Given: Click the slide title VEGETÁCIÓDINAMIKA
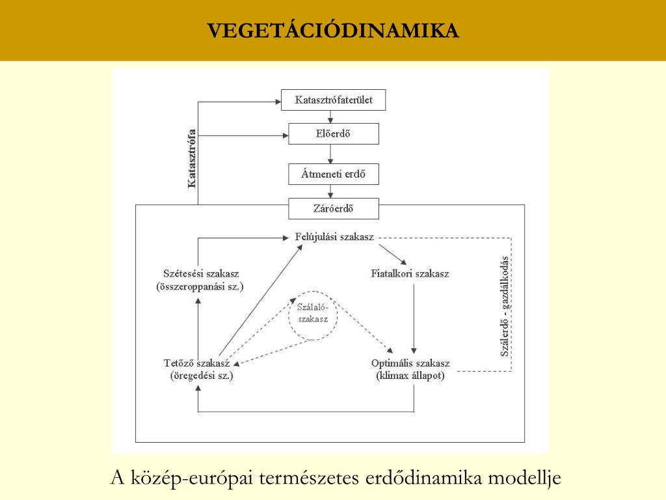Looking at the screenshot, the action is [333, 30].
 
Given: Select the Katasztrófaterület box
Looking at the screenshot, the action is [334, 100].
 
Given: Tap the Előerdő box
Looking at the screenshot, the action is [334, 133].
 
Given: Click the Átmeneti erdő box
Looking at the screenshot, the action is [334, 174].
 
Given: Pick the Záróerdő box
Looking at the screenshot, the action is [334, 209].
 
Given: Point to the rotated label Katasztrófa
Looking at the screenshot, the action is [192, 159].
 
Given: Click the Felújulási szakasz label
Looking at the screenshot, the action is [334, 237].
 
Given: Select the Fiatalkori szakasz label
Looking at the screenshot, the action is [410, 273].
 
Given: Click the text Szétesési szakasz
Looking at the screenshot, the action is [201, 273].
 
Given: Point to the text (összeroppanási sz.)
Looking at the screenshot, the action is [200, 286].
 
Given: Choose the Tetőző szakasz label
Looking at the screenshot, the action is [196, 363].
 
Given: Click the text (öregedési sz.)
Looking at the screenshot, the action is [202, 376].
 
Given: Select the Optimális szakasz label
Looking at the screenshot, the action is [410, 363].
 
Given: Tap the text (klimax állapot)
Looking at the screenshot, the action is [410, 376].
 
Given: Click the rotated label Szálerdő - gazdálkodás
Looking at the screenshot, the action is [505, 306].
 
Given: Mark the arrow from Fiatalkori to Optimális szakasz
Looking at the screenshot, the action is [414, 319].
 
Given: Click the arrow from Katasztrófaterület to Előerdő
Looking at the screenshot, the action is [330, 117].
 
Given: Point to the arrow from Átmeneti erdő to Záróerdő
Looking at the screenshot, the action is [330, 191].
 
